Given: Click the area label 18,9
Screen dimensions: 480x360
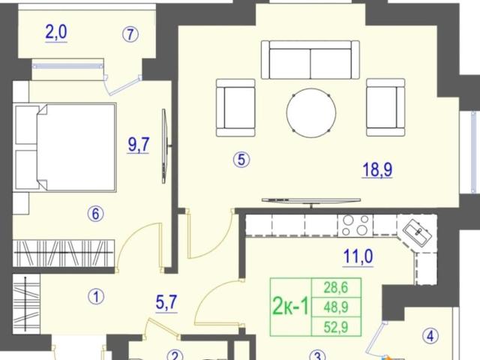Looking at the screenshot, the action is click(377, 169).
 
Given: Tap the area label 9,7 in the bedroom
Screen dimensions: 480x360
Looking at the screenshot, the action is click(139, 145).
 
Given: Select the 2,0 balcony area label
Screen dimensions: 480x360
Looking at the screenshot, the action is click(56, 32).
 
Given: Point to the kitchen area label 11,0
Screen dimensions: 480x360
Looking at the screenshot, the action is click(358, 256).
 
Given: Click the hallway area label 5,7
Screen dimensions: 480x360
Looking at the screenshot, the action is click(166, 303).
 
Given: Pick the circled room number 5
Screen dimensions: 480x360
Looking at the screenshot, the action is click(241, 160).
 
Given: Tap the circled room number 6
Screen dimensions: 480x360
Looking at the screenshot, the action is click(96, 214).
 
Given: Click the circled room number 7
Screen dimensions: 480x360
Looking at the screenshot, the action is click(130, 34).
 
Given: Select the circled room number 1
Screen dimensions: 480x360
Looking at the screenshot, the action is click(96, 297).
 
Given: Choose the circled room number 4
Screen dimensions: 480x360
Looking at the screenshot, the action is click(430, 336).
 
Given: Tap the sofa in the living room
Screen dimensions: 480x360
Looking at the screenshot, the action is click(310, 60).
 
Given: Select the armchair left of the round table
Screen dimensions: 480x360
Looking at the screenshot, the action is click(235, 108).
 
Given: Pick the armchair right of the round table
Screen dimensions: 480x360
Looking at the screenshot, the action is click(385, 107).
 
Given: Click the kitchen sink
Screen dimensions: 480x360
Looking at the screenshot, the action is click(418, 231).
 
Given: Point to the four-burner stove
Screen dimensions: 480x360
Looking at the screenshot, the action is click(355, 225).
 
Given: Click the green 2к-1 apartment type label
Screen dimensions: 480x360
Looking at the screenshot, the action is click(290, 307).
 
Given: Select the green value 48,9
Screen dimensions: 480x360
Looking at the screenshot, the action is click(336, 307).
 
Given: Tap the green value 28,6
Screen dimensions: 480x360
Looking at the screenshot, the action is click(336, 287).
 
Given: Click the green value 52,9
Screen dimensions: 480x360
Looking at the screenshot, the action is click(336, 327).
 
